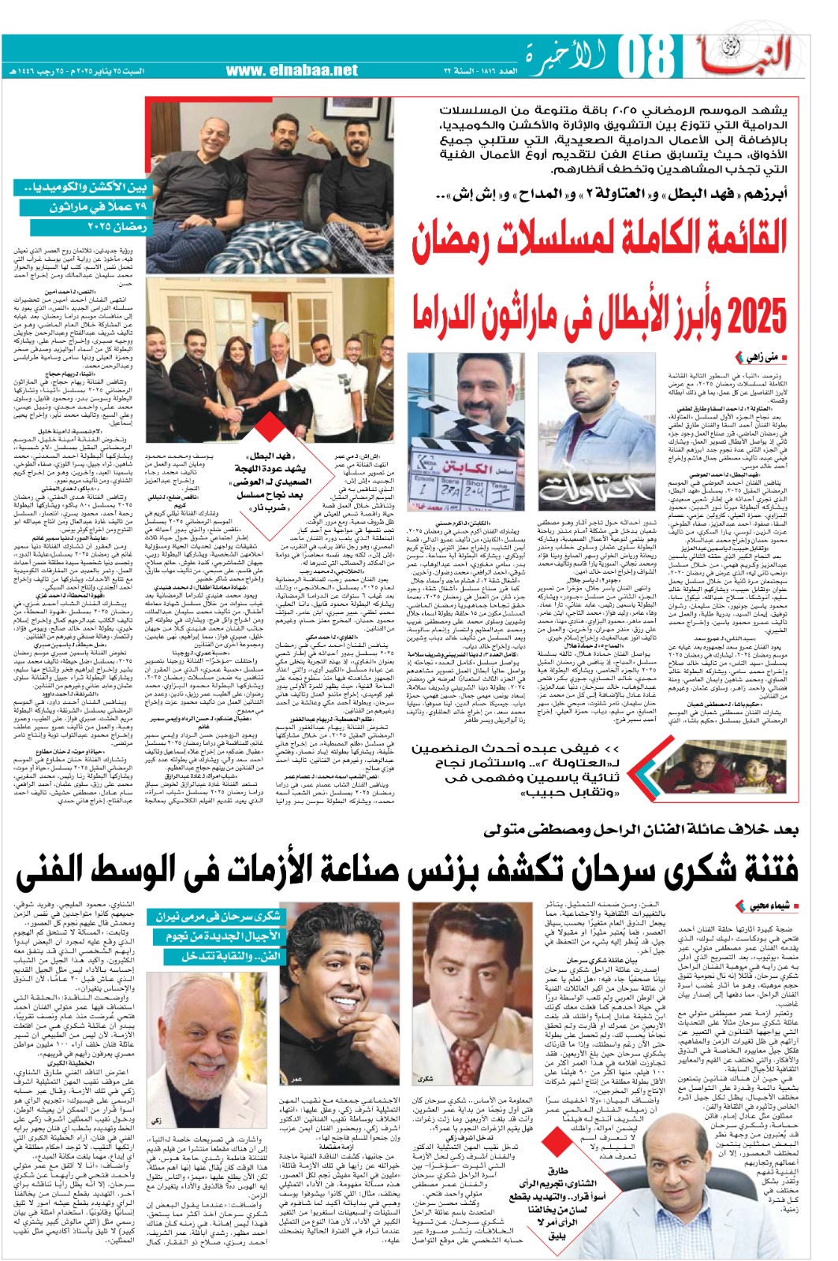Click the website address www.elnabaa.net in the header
(x=297, y=70)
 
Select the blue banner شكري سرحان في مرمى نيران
(x=218, y=917)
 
